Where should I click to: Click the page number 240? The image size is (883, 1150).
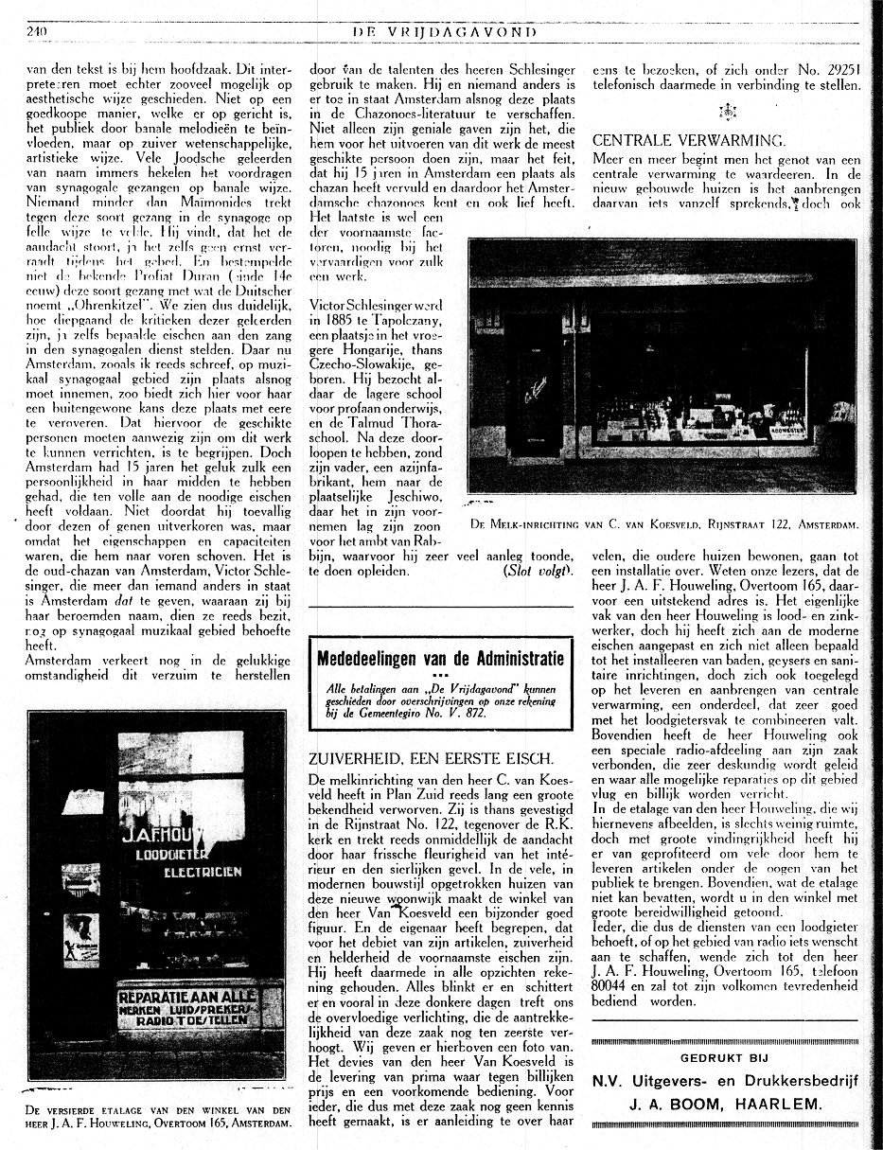37,31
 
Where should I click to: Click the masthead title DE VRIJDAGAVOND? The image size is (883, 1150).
444,32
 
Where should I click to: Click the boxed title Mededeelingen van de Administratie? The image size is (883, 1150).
440,659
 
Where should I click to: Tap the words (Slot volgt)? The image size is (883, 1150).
539,571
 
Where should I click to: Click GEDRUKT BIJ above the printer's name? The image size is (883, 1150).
724,1058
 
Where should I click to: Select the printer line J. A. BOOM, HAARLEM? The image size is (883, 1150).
724,1104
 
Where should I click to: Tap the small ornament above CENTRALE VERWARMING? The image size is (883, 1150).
727,112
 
